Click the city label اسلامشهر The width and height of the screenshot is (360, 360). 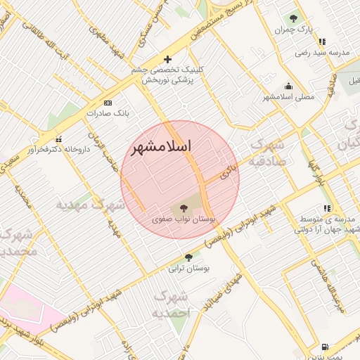161,146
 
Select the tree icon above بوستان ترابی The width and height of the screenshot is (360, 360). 188,257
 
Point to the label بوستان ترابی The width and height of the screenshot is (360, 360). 184,268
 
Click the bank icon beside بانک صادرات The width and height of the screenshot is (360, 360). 108,103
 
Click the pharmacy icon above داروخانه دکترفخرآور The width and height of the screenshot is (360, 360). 59,139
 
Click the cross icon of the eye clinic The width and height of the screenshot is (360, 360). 167,60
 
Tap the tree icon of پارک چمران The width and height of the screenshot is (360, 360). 293,19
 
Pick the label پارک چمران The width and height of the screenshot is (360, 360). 294,30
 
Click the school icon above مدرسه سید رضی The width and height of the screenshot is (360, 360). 322,41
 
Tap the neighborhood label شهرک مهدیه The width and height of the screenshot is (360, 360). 90,205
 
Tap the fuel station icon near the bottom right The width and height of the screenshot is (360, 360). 324,347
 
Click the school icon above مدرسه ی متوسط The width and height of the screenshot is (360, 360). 327,208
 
